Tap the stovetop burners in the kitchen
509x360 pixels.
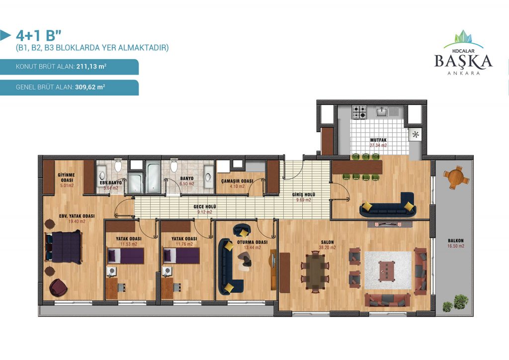(360, 112)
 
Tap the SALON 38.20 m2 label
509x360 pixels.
(327, 245)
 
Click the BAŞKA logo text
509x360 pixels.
(463, 61)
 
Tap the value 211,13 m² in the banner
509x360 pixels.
(91, 67)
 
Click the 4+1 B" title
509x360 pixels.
(38, 36)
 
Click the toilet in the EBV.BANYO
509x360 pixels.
(118, 166)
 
